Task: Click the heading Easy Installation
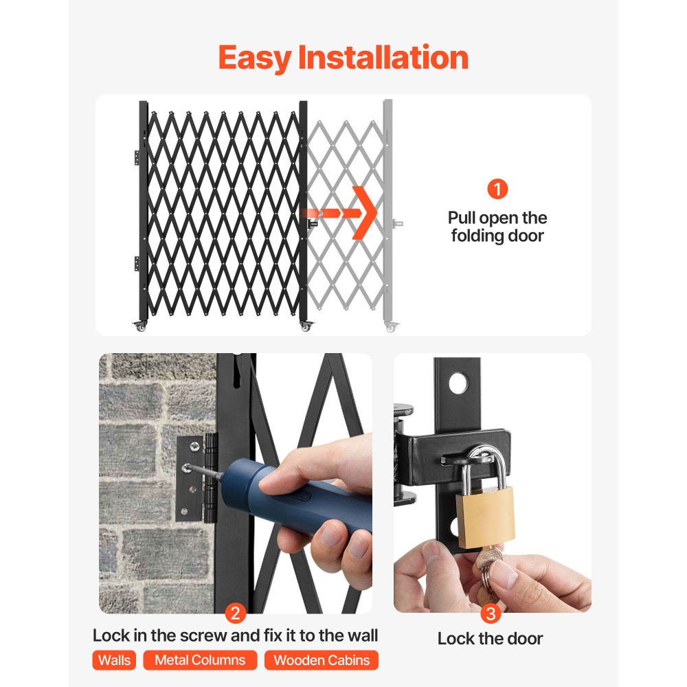coord(343,58)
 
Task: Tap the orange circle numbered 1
coord(497,189)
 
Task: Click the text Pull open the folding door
coord(497,227)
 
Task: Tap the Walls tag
coord(114,660)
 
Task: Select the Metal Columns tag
coord(200,660)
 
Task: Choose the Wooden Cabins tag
coord(322,660)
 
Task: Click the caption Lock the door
coord(490,638)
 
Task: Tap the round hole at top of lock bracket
coord(458,383)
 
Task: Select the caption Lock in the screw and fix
coord(235,635)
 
